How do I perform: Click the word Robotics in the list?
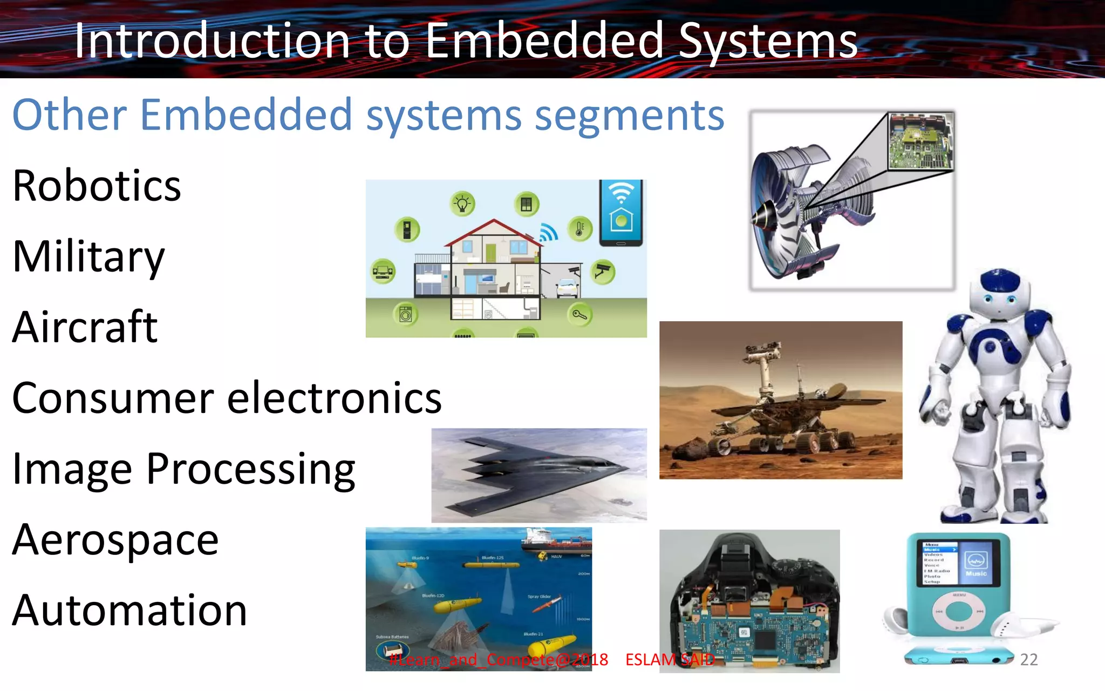pos(97,186)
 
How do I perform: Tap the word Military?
pos(88,256)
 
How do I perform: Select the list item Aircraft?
pos(85,327)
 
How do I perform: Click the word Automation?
pos(129,611)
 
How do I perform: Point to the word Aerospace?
pos(115,540)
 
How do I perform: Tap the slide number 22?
pos(1028,659)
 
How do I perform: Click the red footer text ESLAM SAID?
pos(670,659)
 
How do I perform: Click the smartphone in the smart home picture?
pos(621,213)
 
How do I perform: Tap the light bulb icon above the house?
pos(462,204)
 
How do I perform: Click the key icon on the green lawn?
pos(579,314)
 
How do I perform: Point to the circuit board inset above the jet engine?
pos(920,141)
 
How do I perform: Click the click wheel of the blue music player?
pos(959,611)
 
